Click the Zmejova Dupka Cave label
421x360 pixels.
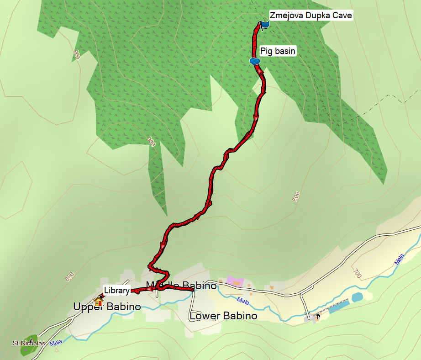coord(310,15)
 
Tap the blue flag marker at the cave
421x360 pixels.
coord(265,24)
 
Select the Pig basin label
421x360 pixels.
coord(278,51)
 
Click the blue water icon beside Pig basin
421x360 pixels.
coord(255,61)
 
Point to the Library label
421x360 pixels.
coord(116,290)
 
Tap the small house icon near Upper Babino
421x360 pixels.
coord(98,301)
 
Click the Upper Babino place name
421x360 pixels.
coord(107,307)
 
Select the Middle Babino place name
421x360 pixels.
coord(181,286)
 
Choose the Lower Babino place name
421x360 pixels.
coord(223,316)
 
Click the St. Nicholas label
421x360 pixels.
coord(29,343)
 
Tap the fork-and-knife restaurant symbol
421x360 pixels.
coord(318,316)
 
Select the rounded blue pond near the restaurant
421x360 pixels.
coord(357,297)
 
